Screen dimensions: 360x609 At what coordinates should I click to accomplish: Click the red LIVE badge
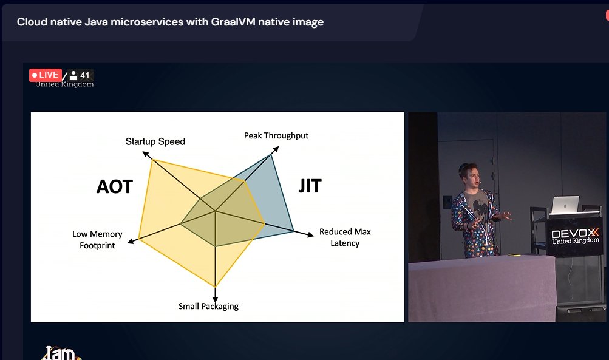[46, 75]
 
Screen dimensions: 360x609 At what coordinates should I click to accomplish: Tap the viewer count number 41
[85, 76]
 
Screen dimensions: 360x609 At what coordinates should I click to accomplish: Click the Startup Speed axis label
[155, 141]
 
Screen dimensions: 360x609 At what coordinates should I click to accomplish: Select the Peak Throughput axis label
[276, 135]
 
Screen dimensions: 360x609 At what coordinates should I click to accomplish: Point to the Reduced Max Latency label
[345, 237]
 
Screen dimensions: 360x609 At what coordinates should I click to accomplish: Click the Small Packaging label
[208, 306]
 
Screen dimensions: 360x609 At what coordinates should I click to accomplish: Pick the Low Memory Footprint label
[97, 239]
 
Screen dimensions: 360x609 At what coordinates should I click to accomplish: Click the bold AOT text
[114, 186]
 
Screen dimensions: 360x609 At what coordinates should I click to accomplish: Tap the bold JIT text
[310, 186]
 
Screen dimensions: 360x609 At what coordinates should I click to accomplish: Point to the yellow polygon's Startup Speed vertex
[151, 160]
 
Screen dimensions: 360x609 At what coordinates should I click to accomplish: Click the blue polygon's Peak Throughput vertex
[271, 154]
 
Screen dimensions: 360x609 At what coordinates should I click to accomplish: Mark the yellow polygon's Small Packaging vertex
[215, 286]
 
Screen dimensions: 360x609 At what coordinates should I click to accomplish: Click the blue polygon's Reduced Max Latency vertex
[294, 231]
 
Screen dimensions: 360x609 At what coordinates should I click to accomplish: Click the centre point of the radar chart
[215, 211]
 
